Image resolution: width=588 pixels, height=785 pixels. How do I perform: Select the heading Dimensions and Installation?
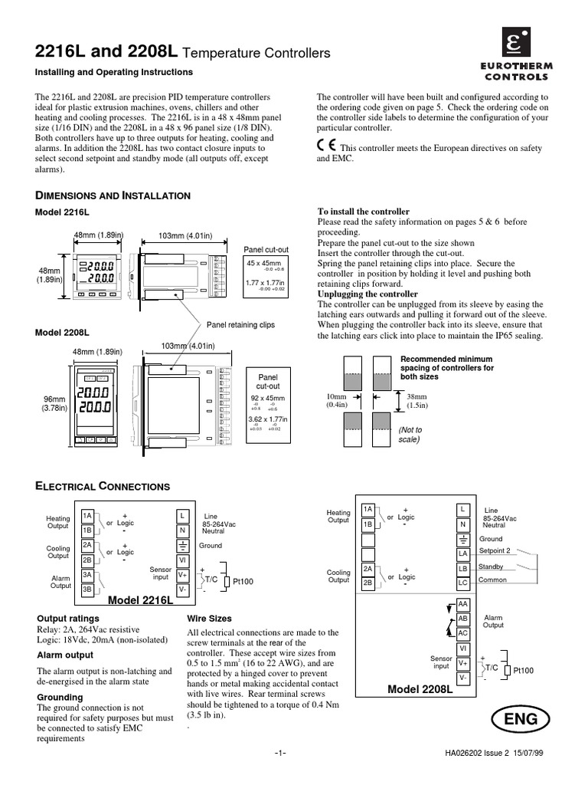point(114,196)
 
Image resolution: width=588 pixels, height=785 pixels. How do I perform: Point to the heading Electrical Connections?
point(103,486)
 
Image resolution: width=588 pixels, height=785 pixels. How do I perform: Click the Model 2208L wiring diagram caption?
point(420,690)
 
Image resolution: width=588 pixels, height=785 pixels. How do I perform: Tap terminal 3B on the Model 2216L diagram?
point(88,589)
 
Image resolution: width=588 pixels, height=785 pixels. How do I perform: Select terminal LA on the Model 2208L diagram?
point(462,553)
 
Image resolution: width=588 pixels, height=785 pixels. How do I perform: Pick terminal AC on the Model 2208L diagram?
point(462,633)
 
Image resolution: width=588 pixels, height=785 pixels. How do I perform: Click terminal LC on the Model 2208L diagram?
point(462,583)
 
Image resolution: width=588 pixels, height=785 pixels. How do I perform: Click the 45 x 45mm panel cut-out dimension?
point(263,262)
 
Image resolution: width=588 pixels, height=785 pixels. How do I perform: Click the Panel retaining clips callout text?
point(241,325)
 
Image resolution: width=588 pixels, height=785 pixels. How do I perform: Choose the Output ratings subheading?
point(68,618)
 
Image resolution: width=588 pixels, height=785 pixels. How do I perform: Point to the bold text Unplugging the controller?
point(367,294)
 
